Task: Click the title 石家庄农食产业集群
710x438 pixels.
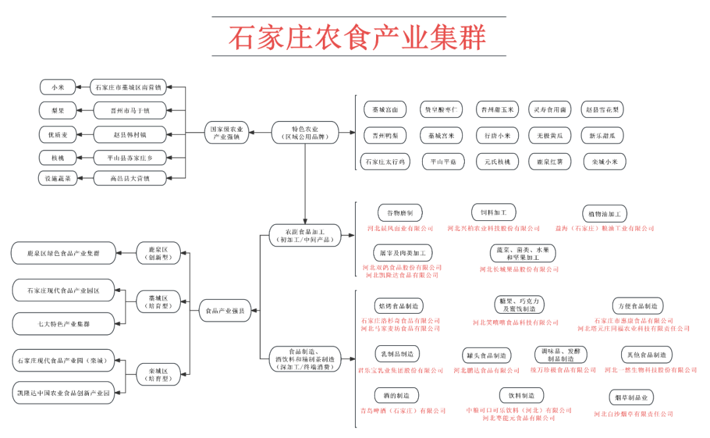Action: (x=358, y=37)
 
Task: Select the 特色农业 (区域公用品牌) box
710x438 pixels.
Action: (x=305, y=132)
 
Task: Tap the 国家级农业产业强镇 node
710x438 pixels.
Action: (x=226, y=133)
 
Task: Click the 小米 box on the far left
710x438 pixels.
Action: (x=57, y=87)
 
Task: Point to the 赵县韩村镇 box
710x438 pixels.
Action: (x=130, y=134)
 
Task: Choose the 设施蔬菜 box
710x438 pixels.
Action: (x=58, y=178)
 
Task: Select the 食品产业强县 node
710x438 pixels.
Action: (x=225, y=310)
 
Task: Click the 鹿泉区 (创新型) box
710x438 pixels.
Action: (x=157, y=253)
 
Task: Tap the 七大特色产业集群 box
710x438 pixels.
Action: (x=64, y=324)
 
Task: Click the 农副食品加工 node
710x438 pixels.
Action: (x=305, y=235)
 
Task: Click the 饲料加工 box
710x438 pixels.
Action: (x=494, y=213)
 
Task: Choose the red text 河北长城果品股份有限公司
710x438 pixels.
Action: (x=519, y=269)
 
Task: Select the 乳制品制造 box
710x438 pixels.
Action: (x=397, y=354)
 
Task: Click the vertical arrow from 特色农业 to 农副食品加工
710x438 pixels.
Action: (x=305, y=184)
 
